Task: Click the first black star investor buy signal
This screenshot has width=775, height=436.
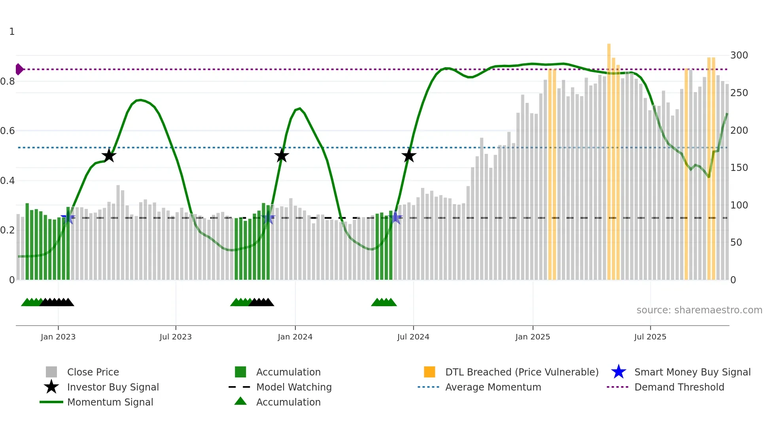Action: point(109,155)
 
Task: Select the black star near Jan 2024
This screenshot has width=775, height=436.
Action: point(282,155)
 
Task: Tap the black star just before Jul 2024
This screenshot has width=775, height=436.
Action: point(409,155)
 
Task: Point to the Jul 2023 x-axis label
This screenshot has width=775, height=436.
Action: point(176,337)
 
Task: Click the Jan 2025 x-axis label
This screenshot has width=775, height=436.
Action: point(533,337)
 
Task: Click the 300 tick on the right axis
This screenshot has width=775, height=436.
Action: point(739,55)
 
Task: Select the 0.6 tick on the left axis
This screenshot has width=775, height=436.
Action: point(8,131)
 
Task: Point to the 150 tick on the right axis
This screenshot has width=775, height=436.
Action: point(739,167)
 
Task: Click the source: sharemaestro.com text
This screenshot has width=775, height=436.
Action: point(699,310)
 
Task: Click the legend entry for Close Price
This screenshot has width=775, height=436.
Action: point(93,372)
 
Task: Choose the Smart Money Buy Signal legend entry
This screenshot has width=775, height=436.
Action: point(692,372)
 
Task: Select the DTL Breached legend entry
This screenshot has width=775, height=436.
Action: point(522,372)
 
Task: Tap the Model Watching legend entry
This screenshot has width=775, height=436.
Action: point(293,387)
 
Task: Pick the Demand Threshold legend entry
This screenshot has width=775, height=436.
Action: point(679,387)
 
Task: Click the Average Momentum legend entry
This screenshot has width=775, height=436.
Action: point(493,387)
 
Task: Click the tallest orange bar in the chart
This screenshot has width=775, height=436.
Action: point(609,158)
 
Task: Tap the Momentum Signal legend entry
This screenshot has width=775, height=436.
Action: point(110,402)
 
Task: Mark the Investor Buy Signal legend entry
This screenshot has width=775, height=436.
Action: point(113,387)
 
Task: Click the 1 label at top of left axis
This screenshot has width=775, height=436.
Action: point(12,32)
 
